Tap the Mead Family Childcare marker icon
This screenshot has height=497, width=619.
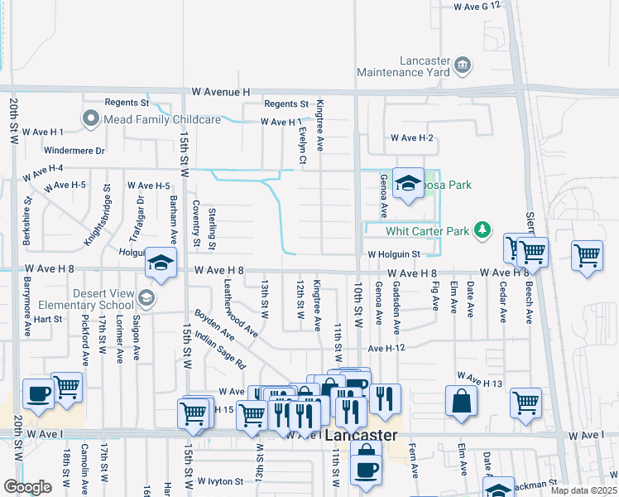tap(90, 120)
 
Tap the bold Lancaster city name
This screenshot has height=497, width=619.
tap(361, 436)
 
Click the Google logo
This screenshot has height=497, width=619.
tap(27, 487)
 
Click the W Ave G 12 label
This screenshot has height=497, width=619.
tap(477, 6)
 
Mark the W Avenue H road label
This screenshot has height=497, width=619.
tap(221, 92)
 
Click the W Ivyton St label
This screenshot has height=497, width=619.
tap(219, 480)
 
